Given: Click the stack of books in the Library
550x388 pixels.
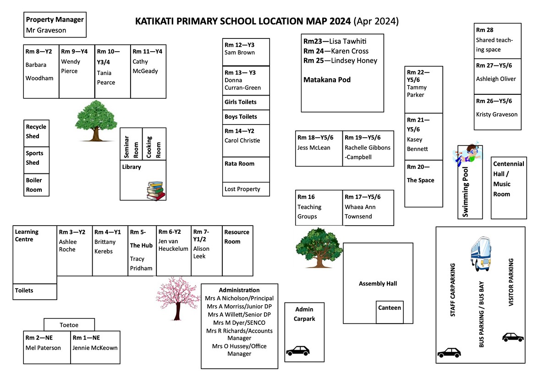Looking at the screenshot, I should click(x=156, y=190).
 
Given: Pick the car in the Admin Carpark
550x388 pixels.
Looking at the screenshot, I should click(x=297, y=351).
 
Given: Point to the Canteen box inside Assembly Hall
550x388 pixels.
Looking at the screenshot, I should click(x=390, y=308).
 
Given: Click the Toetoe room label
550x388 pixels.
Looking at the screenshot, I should click(x=69, y=325).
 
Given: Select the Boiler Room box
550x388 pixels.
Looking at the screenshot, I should click(x=36, y=185).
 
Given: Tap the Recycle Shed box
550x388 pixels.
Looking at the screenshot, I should click(x=36, y=132).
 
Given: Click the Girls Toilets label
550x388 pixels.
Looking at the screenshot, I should click(x=241, y=102).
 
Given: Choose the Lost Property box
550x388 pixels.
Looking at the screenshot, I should click(x=242, y=189).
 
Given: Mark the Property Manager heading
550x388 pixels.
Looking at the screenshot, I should click(x=55, y=20).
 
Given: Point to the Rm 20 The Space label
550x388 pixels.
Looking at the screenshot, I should click(x=420, y=174).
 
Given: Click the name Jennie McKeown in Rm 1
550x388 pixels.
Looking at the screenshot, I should click(x=95, y=348).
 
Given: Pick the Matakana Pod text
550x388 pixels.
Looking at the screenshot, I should click(x=327, y=80).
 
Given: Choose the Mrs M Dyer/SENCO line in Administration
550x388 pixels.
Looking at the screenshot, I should click(x=239, y=323).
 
